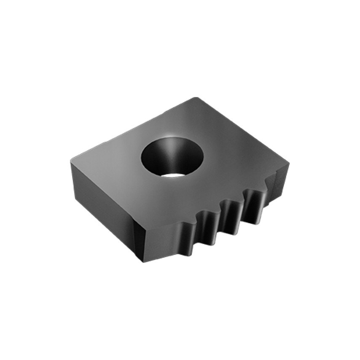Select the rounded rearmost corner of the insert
pos(195,99)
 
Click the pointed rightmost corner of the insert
pos(290,162)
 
